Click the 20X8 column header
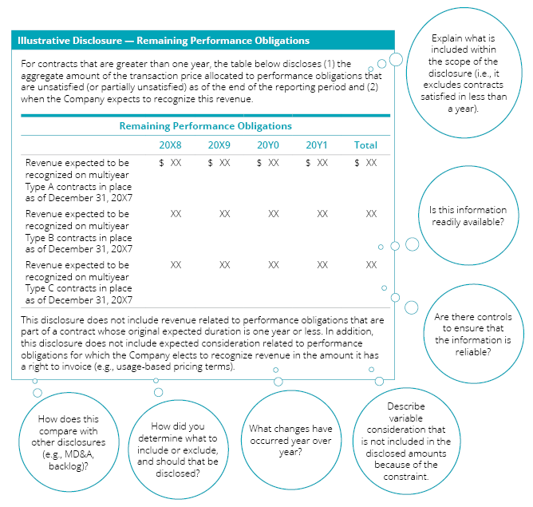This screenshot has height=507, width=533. click(171, 145)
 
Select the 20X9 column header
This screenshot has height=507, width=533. click(219, 145)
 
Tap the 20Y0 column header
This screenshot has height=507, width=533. click(268, 145)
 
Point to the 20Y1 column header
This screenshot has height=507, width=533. click(317, 145)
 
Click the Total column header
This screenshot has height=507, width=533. click(365, 145)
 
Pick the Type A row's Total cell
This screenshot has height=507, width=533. click(366, 163)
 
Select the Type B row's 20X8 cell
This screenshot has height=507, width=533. click(176, 214)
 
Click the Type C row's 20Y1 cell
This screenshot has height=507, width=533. click(322, 264)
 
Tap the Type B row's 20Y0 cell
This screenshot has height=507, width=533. click(273, 214)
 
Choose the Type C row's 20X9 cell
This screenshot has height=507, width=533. click(224, 264)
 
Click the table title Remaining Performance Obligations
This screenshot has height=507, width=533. click(205, 126)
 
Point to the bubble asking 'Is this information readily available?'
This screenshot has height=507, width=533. click(467, 216)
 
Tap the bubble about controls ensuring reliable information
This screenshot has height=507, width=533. click(473, 335)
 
